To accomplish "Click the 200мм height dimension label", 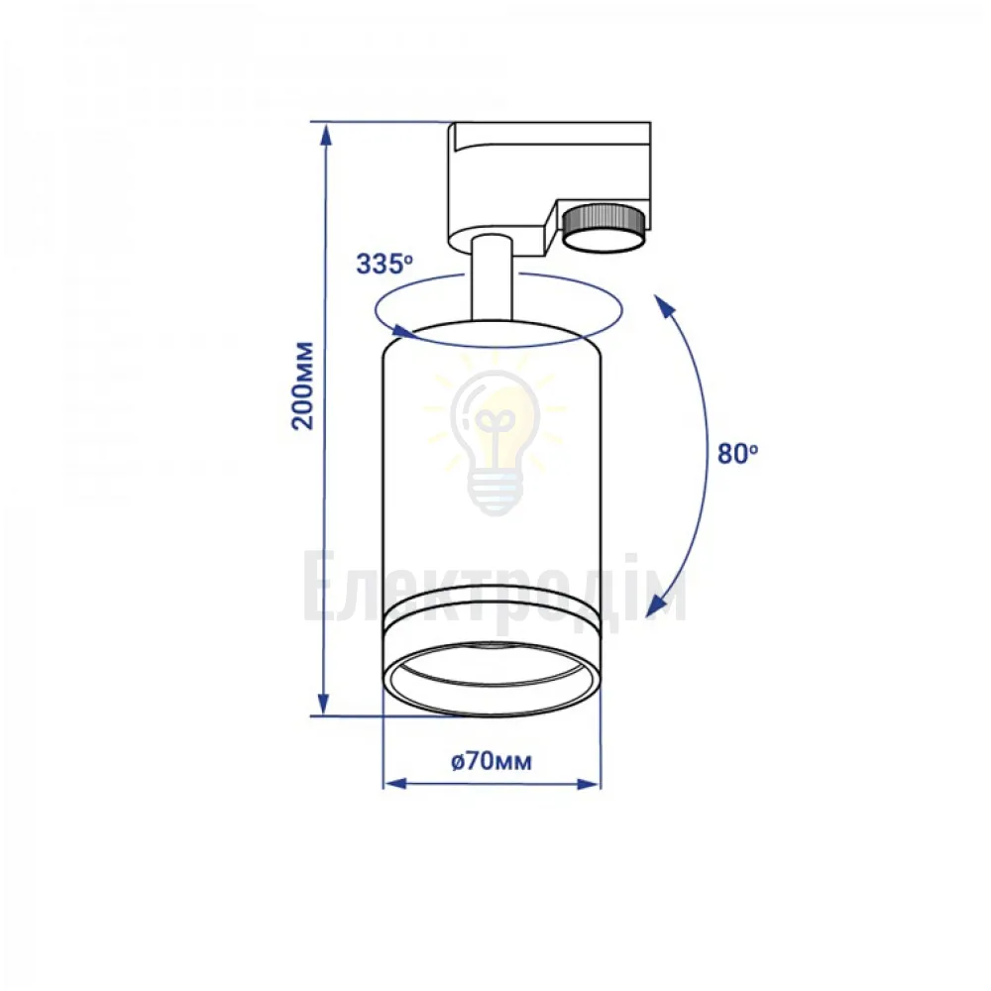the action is click(x=302, y=385).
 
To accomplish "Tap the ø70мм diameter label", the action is click(x=492, y=761).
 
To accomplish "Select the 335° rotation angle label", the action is click(x=385, y=264).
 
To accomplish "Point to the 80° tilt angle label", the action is click(x=737, y=453).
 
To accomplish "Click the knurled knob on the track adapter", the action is click(x=604, y=228).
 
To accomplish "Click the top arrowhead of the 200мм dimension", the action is click(x=325, y=134).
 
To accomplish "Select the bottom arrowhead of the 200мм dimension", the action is click(x=324, y=704).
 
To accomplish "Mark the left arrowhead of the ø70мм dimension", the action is click(x=394, y=784).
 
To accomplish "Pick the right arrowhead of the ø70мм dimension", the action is click(x=589, y=784).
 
